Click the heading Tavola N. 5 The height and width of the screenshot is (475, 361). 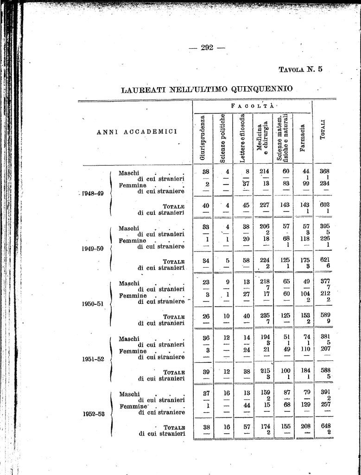tap(300, 70)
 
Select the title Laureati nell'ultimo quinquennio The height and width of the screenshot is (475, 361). tap(207, 89)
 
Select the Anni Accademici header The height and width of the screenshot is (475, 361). tap(137, 131)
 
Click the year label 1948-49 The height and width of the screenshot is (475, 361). tap(92, 193)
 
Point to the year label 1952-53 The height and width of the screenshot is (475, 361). tap(94, 414)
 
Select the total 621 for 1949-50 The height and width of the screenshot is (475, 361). tap(324, 260)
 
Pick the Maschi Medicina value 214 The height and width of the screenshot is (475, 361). tap(264, 171)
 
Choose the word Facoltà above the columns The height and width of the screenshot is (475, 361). tap(253, 106)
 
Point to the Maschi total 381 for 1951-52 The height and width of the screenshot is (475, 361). tap(324, 337)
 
